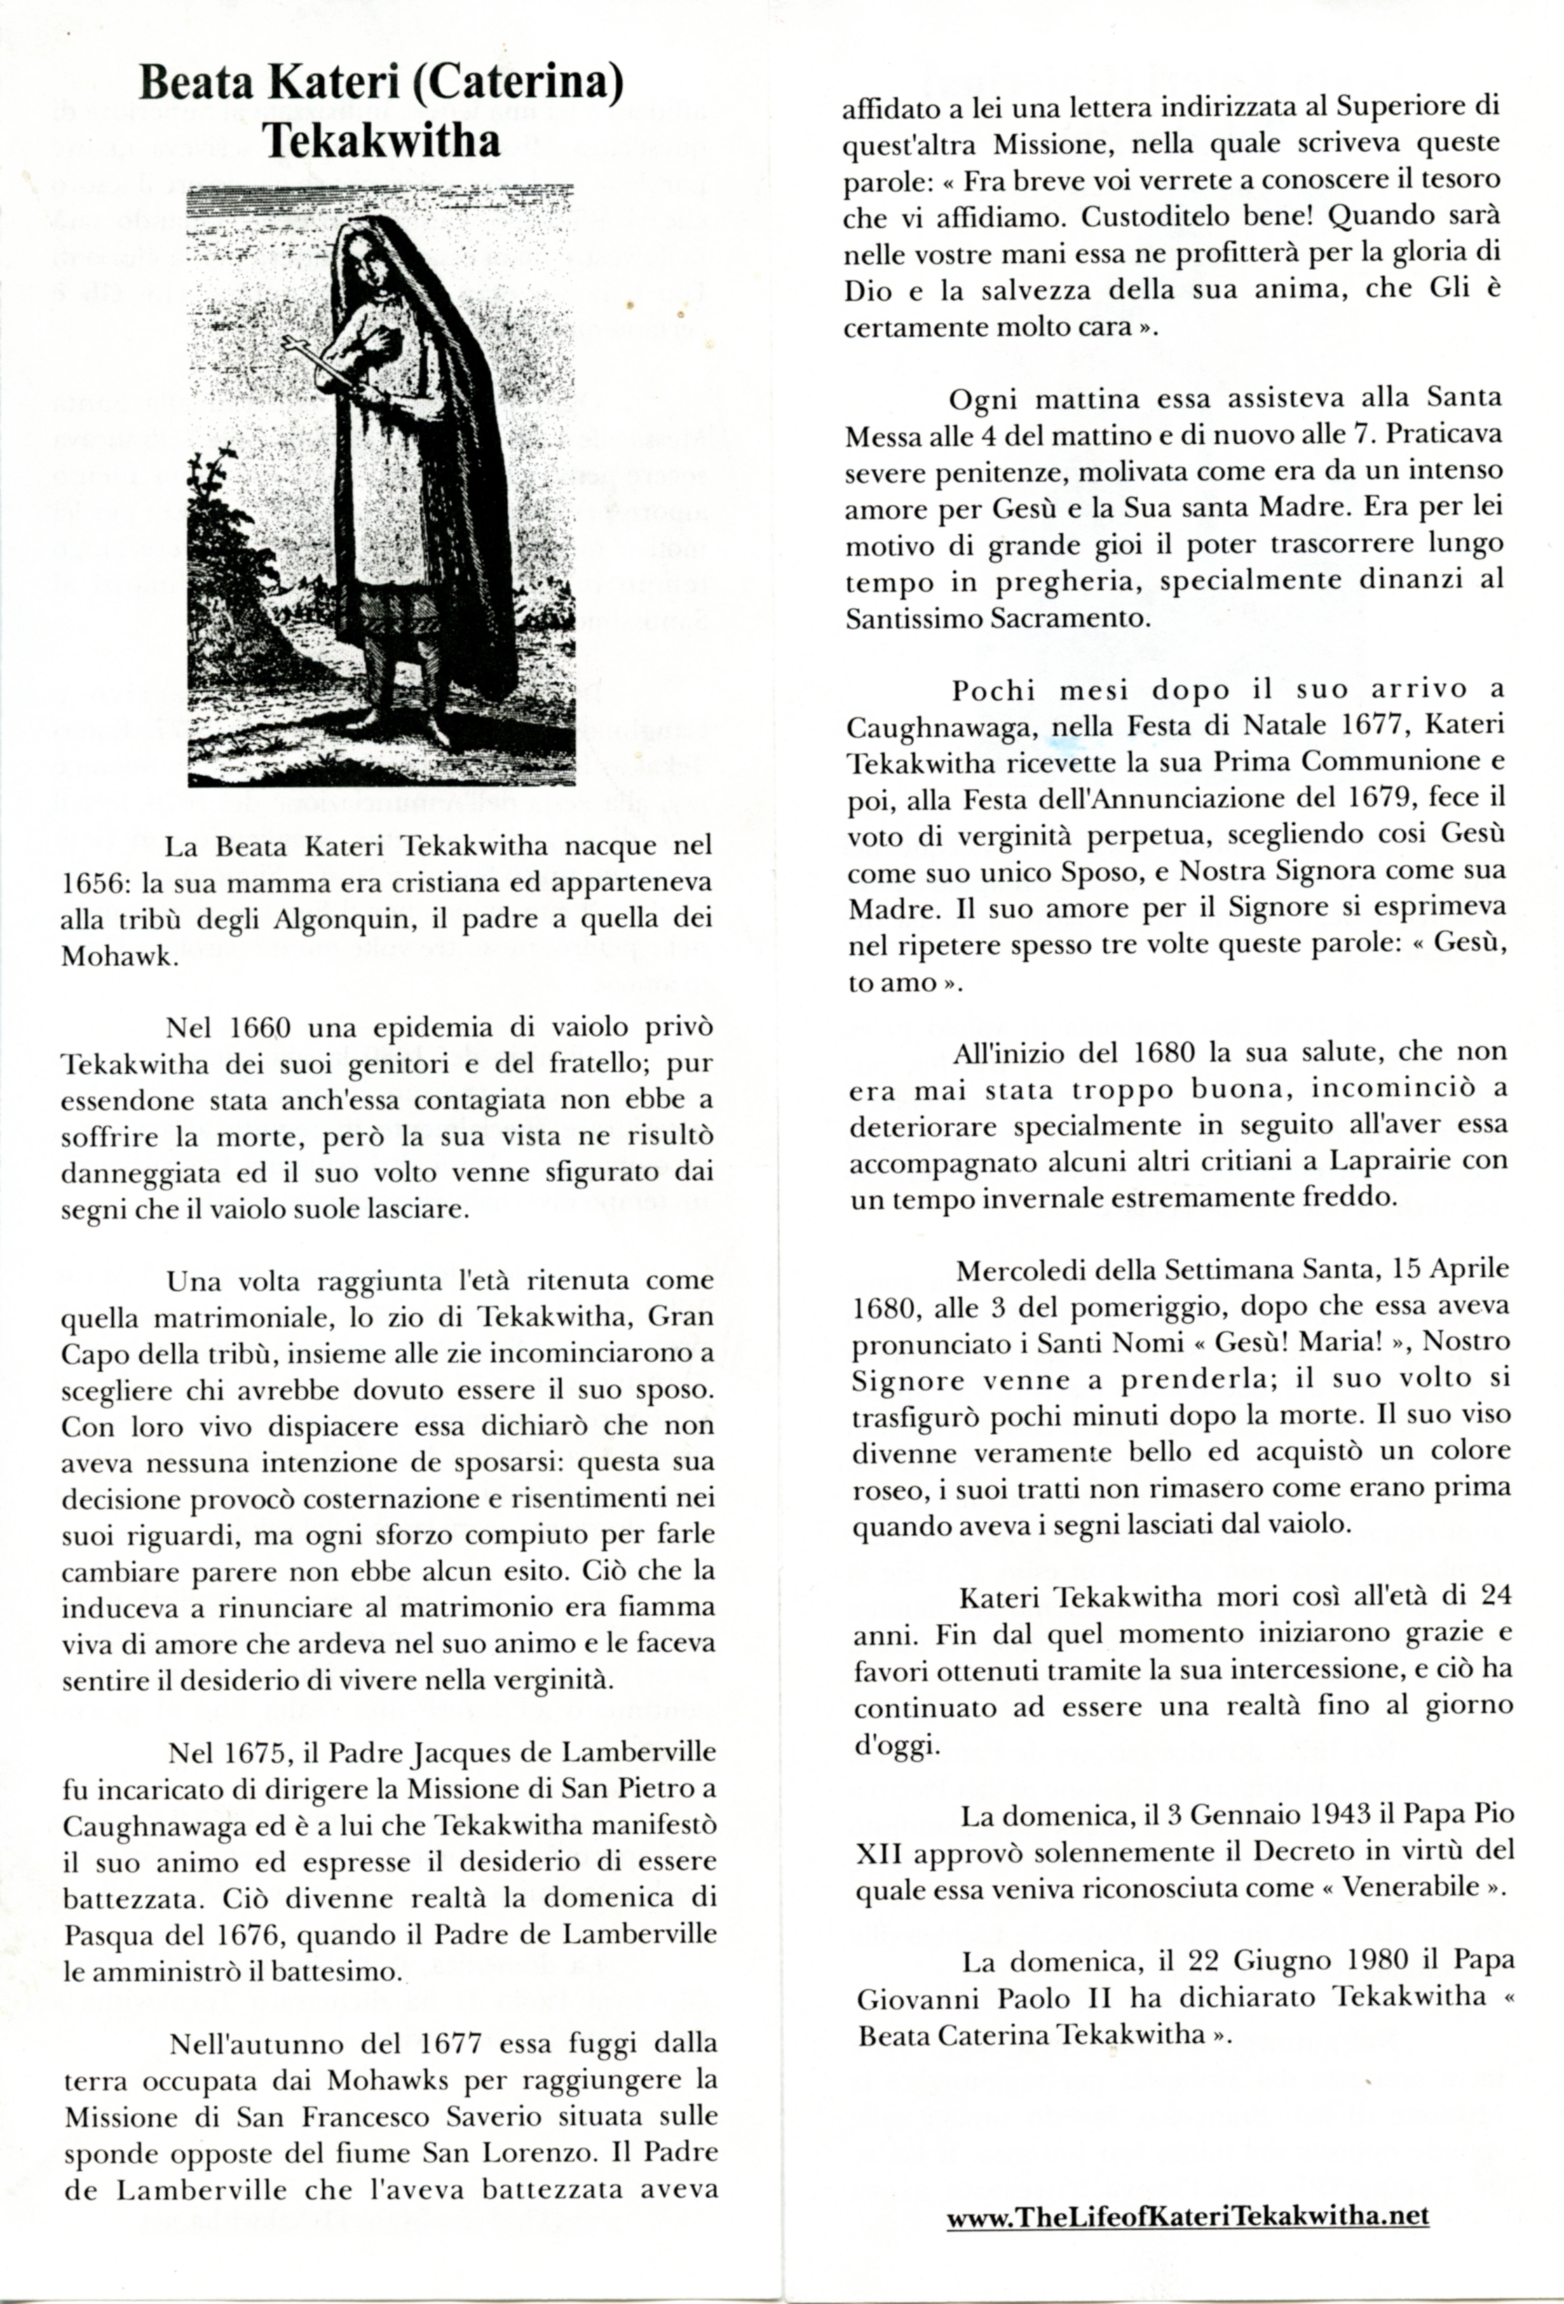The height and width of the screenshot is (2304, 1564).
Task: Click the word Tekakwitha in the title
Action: [381, 141]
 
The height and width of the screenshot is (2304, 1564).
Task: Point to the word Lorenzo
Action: [556, 2153]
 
